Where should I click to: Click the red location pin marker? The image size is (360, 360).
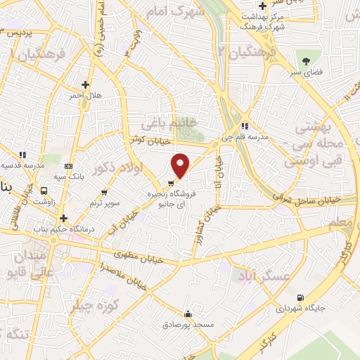[x=181, y=165]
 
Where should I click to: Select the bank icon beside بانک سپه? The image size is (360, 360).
[x=68, y=166]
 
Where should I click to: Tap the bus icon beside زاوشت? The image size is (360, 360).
[x=45, y=190]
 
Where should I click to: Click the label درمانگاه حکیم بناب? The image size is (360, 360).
[x=63, y=229]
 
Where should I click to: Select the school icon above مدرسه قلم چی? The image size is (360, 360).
[x=243, y=127]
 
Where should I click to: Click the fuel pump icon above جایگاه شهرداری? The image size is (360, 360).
[x=301, y=298]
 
